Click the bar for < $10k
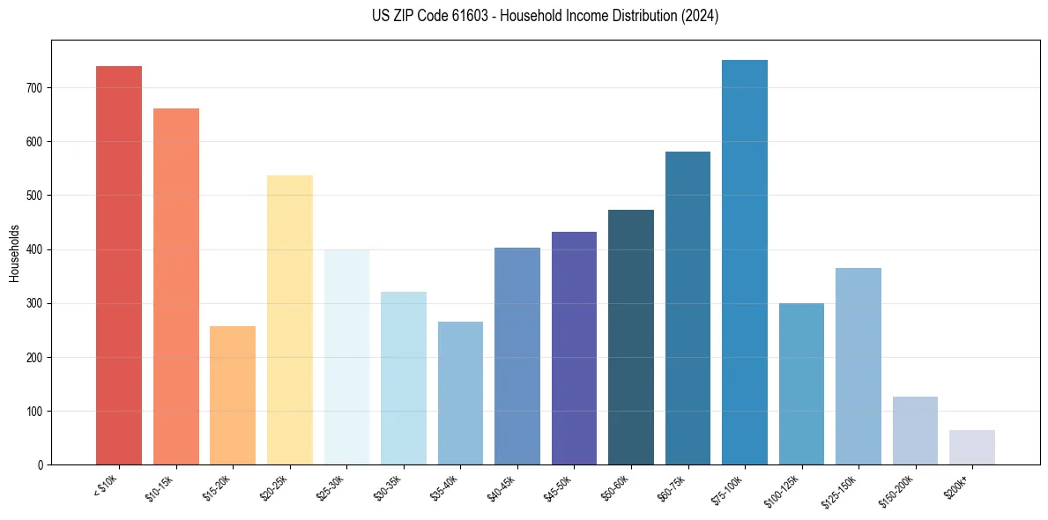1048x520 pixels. (119, 265)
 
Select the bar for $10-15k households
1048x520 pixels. (176, 286)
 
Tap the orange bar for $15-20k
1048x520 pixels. (233, 396)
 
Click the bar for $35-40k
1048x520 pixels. (460, 393)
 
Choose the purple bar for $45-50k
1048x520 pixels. (574, 348)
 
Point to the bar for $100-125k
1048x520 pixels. (801, 384)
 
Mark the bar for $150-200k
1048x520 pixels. (915, 431)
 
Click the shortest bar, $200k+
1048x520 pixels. (972, 448)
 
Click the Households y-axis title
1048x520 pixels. (14, 252)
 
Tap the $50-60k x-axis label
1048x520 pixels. (617, 487)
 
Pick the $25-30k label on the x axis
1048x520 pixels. (331, 487)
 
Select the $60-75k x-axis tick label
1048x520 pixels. (673, 487)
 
